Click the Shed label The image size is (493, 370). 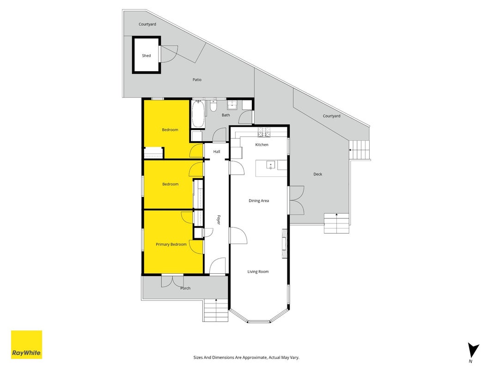[146, 55]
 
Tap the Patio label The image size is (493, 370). [197, 80]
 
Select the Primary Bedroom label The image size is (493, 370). [171, 245]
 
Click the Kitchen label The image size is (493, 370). [262, 145]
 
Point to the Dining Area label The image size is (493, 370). [259, 201]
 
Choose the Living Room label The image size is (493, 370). [258, 272]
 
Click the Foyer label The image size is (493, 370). [219, 220]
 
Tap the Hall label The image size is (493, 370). [217, 152]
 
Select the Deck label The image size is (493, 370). [317, 174]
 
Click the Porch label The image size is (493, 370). [185, 288]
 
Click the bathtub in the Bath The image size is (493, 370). [198, 114]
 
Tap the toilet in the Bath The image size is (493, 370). [213, 106]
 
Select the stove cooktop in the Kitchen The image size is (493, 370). [264, 132]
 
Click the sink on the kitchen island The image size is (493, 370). [270, 165]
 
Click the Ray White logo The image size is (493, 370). [26, 345]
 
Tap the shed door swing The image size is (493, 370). [169, 54]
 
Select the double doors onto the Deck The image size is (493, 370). [297, 200]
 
